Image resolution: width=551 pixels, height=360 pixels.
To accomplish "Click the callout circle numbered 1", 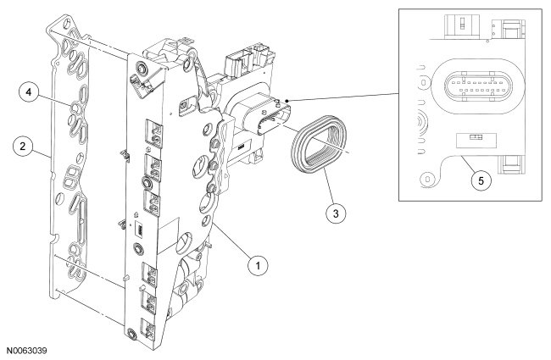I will tap(253, 265).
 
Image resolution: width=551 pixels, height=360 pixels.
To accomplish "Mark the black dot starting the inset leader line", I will tap(289, 100).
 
